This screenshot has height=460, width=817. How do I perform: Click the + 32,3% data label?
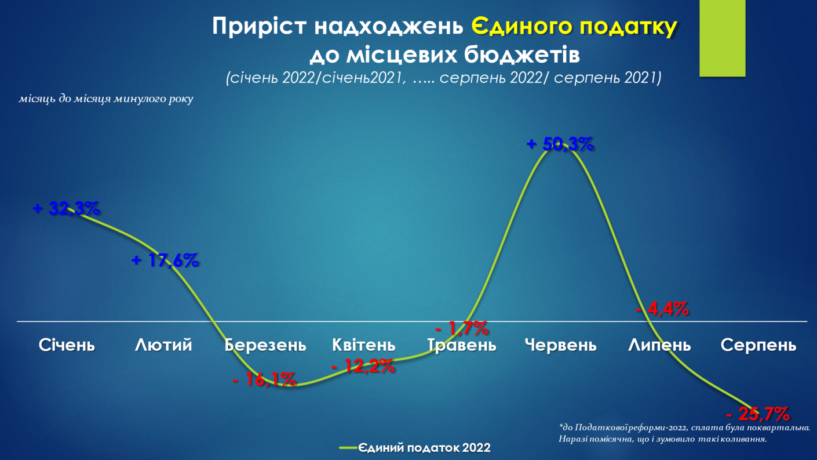[67, 208]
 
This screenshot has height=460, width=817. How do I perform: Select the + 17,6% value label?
[165, 260]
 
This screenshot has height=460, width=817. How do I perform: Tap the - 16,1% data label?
[264, 379]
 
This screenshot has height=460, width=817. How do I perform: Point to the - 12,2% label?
[363, 366]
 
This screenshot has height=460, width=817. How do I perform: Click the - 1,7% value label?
[462, 328]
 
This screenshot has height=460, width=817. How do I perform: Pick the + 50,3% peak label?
[560, 144]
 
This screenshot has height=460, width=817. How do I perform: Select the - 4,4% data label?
[662, 309]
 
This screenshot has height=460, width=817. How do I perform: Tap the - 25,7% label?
[758, 414]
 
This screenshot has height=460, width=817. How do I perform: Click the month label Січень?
[67, 345]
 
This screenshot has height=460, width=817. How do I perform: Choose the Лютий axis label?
[163, 345]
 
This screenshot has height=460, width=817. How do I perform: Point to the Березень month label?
[265, 345]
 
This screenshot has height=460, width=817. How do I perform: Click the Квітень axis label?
[364, 345]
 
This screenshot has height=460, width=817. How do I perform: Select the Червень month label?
[560, 345]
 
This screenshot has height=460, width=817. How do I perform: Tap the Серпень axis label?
[758, 345]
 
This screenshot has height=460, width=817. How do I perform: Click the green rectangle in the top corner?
[722, 38]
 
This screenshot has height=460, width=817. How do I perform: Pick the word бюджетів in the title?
[522, 55]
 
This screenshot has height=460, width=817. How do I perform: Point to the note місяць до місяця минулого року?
[106, 99]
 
